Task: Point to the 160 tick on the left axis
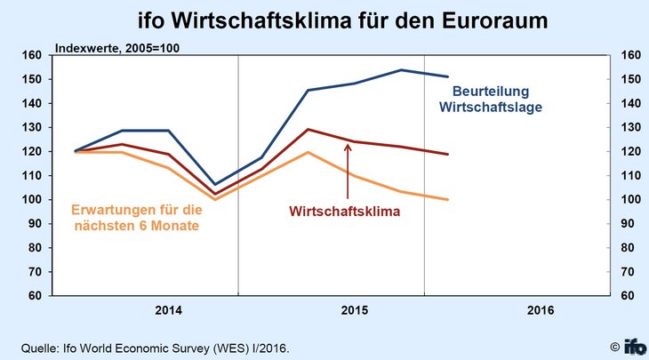click(32, 55)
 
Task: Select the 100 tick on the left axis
click(32, 199)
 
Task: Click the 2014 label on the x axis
click(168, 310)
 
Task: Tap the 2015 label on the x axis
click(354, 310)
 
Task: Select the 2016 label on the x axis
click(540, 310)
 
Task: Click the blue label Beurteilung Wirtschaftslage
click(491, 99)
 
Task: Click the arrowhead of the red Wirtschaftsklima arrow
click(348, 146)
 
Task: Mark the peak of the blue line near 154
click(401, 70)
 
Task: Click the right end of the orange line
click(447, 199)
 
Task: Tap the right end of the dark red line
click(447, 155)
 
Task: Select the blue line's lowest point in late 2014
click(215, 184)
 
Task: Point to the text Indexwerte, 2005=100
click(118, 46)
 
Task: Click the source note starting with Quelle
click(156, 346)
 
